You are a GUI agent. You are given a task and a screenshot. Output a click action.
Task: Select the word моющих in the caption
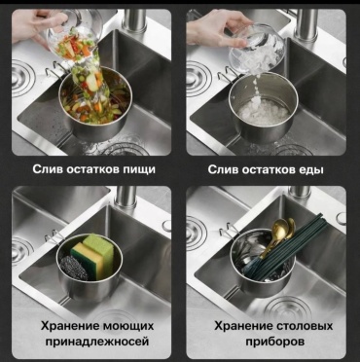pos(128,326)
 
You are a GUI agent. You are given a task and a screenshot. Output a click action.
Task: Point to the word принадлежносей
pos(97,342)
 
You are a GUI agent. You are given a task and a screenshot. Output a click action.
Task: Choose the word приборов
pos(274,342)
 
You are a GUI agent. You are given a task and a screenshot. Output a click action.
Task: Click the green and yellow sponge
pos(93,257)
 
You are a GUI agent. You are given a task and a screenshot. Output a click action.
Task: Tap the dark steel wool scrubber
pos(73,268)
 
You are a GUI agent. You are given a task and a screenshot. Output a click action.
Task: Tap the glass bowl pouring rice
pos(256,50)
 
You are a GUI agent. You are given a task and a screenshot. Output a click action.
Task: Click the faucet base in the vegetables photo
pos(133,20)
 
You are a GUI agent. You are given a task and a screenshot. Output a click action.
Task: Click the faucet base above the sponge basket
pos(126,198)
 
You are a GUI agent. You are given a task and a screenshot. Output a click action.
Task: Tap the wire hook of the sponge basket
pos(54,235)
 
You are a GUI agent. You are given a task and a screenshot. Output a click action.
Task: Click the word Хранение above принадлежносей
pos(70,326)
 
